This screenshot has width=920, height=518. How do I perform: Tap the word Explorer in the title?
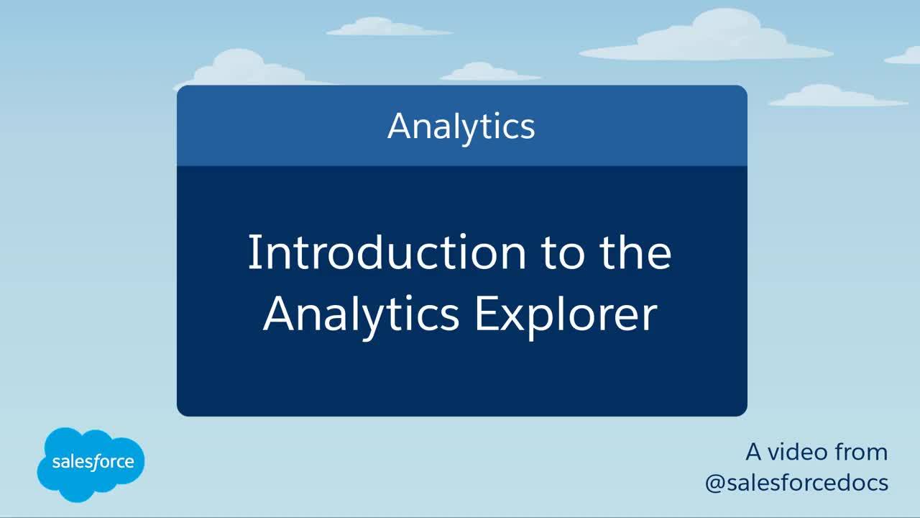click(566, 315)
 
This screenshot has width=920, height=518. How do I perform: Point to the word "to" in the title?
click(563, 254)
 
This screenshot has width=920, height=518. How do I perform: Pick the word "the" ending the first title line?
click(635, 252)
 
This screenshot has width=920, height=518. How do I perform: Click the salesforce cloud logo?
click(91, 464)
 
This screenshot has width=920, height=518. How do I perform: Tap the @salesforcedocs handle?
click(797, 483)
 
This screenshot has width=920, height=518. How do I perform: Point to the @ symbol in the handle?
click(715, 484)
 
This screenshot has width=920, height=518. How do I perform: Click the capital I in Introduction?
click(252, 252)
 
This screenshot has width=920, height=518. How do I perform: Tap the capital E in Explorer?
click(485, 314)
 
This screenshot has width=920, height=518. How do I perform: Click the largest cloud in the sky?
click(707, 37)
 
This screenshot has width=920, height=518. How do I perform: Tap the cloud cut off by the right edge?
click(903, 56)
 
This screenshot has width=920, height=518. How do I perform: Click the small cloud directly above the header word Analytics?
click(490, 71)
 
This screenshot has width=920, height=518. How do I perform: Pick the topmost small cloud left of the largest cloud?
click(389, 27)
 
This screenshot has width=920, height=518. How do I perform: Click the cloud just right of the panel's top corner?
click(837, 96)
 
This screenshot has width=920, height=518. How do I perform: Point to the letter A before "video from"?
click(754, 452)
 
